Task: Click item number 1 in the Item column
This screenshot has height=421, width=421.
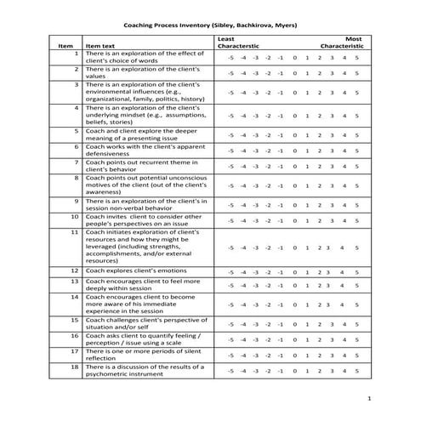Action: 77,54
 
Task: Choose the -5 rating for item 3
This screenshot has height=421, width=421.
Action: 230,93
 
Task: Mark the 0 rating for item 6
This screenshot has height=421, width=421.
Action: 294,151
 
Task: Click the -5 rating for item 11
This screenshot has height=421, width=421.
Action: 230,247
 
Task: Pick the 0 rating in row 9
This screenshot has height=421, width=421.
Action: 294,204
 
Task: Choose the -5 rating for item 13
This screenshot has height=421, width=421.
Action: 230,286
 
